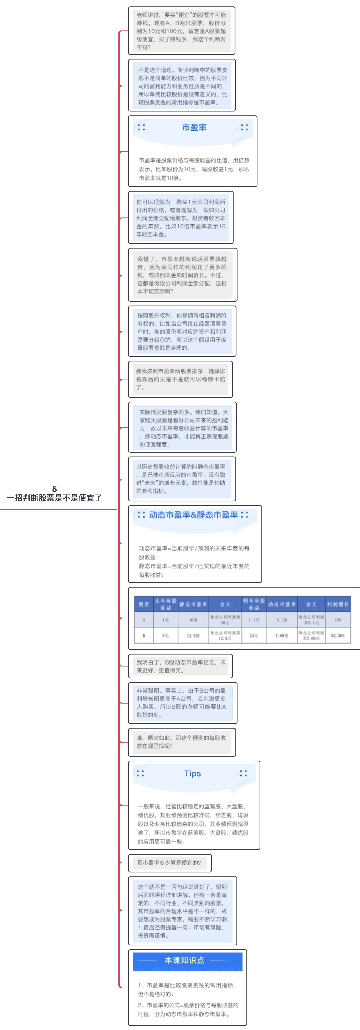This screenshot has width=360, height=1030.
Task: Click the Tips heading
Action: (x=192, y=773)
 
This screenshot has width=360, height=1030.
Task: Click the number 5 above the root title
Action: (x=54, y=489)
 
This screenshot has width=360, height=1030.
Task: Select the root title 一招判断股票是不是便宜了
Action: (x=54, y=498)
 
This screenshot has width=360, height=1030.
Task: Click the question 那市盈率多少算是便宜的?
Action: (x=169, y=862)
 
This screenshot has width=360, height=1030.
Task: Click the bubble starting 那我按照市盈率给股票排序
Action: (x=180, y=379)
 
